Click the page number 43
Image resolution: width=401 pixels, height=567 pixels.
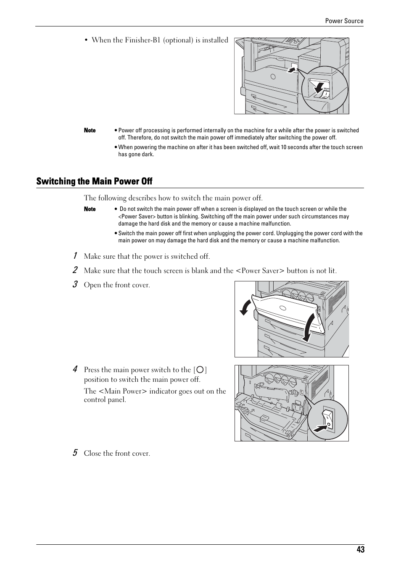tap(360, 549)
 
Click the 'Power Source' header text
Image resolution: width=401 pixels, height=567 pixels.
tap(344, 21)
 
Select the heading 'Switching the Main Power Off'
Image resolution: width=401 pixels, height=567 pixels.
tap(94, 181)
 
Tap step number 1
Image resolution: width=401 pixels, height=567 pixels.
tap(74, 256)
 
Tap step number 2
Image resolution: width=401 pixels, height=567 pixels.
tap(74, 270)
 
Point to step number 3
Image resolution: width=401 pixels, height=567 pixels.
tap(74, 284)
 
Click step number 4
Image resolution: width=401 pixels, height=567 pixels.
tap(74, 369)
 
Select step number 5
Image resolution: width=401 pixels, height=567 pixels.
tap(74, 453)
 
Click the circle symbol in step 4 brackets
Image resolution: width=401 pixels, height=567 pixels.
tap(200, 370)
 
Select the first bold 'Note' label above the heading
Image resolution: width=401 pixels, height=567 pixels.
tap(90, 131)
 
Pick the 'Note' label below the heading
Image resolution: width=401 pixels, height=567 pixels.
tap(90, 209)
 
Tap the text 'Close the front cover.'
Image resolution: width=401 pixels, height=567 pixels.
tap(117, 454)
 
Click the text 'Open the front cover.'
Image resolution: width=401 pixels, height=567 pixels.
tap(117, 285)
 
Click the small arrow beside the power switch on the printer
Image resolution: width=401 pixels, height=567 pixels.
tap(291, 70)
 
